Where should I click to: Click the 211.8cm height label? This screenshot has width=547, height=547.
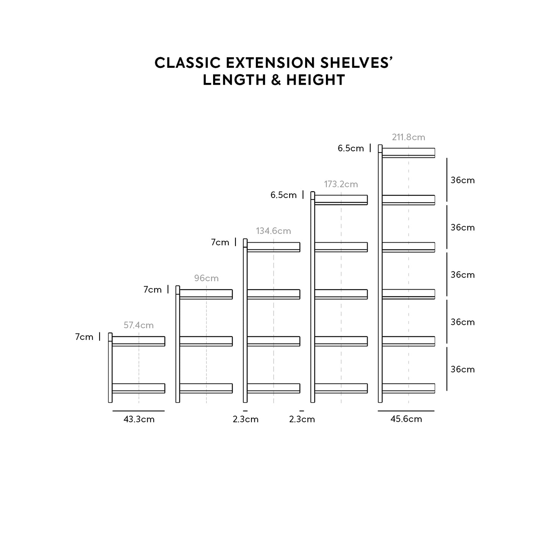[x=408, y=137]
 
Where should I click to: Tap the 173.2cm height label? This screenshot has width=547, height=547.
[x=341, y=184]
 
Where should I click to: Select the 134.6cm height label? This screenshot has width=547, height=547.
[x=273, y=231]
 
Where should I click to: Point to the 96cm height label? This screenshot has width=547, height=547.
[x=206, y=278]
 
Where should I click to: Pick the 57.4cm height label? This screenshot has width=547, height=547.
[x=139, y=325]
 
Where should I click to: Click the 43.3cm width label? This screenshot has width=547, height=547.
[x=139, y=419]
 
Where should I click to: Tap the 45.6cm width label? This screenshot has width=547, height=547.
[x=406, y=419]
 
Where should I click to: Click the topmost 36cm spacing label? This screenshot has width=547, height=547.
[x=462, y=180]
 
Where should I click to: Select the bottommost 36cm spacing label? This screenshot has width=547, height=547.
[x=462, y=369]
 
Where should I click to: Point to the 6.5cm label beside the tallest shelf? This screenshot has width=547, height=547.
[x=351, y=148]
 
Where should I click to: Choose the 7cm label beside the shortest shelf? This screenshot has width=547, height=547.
[x=84, y=337]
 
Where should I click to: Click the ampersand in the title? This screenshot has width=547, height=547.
[x=274, y=80]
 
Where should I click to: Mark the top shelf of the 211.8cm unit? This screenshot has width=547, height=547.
[x=408, y=152]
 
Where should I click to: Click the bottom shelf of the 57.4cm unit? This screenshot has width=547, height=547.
[x=139, y=388]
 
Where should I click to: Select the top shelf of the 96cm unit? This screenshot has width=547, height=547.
[x=206, y=294]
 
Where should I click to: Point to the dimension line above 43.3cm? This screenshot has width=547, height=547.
[x=139, y=411]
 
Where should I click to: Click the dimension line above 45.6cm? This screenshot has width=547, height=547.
[x=406, y=411]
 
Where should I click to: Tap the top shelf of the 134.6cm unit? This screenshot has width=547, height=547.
[x=273, y=247]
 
